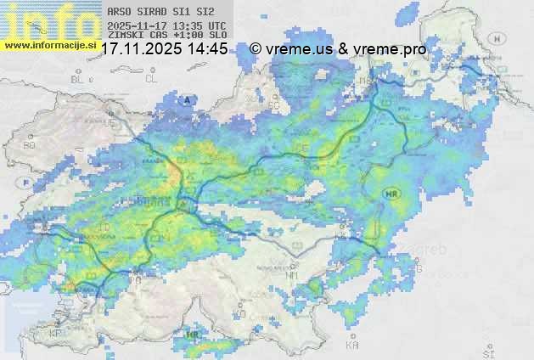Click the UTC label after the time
216,26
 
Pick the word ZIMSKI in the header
126,36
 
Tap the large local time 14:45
207,49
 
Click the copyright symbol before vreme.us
256,49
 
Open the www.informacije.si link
49,44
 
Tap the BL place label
78,79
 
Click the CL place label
151,79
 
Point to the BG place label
30,145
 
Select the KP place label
55,334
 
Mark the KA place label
352,346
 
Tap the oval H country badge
501,38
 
